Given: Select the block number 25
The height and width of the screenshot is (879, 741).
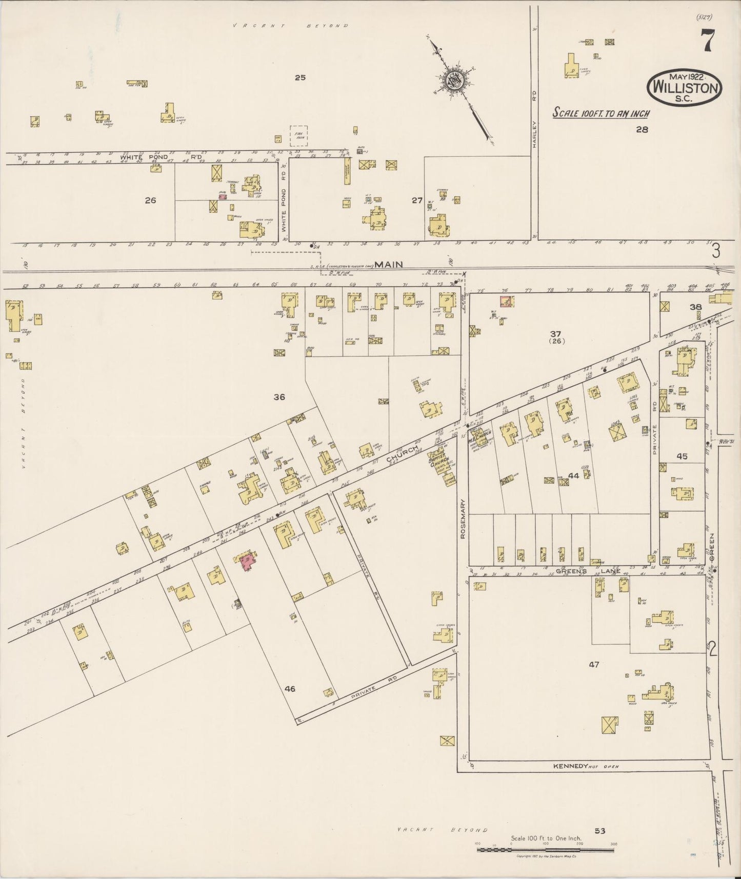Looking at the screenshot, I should pyautogui.click(x=300, y=78).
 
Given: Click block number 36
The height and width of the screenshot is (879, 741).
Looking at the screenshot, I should pyautogui.click(x=279, y=397).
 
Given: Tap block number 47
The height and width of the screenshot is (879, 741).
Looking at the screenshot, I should pyautogui.click(x=594, y=665).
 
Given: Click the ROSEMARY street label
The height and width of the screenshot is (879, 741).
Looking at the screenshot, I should pyautogui.click(x=463, y=519).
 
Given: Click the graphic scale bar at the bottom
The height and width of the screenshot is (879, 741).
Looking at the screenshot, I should pyautogui.click(x=545, y=850).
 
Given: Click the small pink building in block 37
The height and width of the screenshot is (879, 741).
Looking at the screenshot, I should pyautogui.click(x=506, y=302).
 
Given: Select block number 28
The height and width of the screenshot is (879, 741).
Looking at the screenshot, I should pyautogui.click(x=642, y=130).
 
